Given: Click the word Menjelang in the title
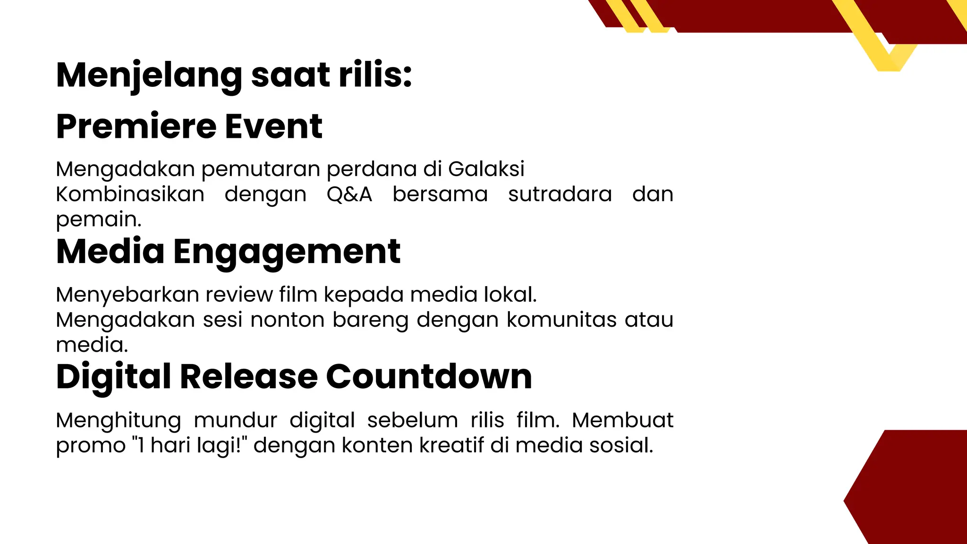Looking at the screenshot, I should tap(149, 76).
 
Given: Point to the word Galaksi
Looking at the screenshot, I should tap(486, 169).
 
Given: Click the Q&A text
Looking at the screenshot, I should tap(349, 194).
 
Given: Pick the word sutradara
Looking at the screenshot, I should tap(560, 194).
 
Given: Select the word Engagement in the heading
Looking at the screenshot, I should tap(287, 252).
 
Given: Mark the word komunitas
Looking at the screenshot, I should tap(562, 320).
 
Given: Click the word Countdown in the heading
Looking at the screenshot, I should tap(429, 377).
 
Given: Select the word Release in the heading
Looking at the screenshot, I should tap(249, 377).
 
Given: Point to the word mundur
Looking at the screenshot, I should tap(235, 420).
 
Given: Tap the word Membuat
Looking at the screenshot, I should tap(622, 420).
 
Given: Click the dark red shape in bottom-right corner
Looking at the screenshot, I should tap(916, 491).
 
